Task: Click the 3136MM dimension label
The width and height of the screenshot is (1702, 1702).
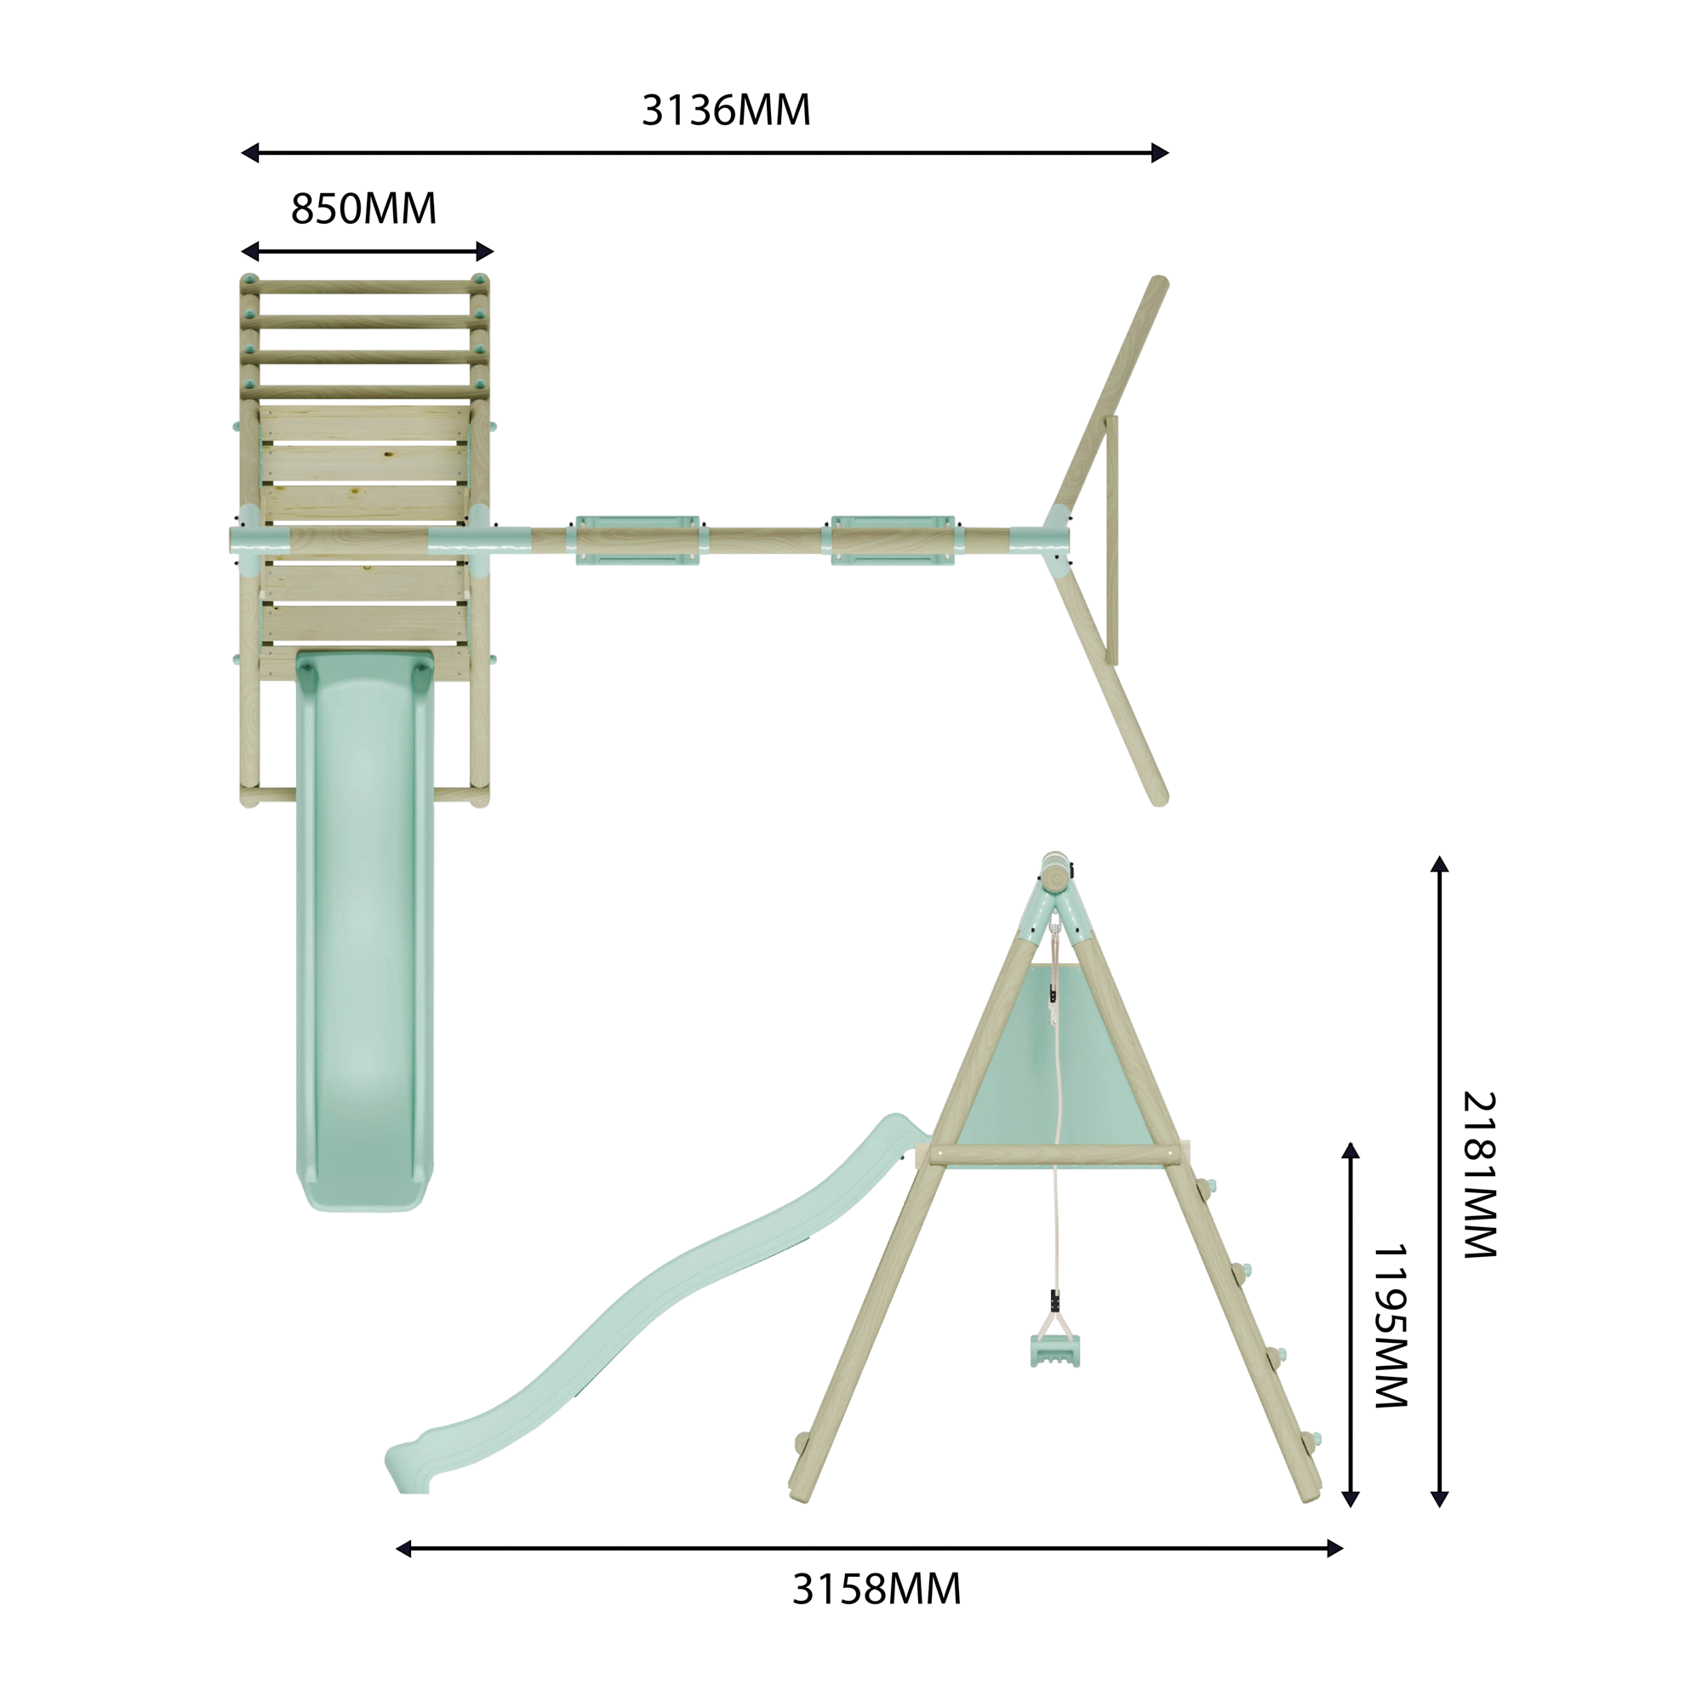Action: [725, 111]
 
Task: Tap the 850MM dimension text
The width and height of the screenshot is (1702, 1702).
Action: [363, 209]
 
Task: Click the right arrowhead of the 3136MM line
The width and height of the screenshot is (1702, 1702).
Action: [1160, 153]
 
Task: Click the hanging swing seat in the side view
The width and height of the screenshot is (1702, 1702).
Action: [1054, 1351]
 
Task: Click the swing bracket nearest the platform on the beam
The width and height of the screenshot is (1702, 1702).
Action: [637, 540]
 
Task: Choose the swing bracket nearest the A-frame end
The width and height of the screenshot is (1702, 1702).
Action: [893, 540]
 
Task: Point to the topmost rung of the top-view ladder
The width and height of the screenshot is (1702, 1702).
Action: [365, 287]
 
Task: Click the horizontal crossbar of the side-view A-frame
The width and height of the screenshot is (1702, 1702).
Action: [1054, 1155]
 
